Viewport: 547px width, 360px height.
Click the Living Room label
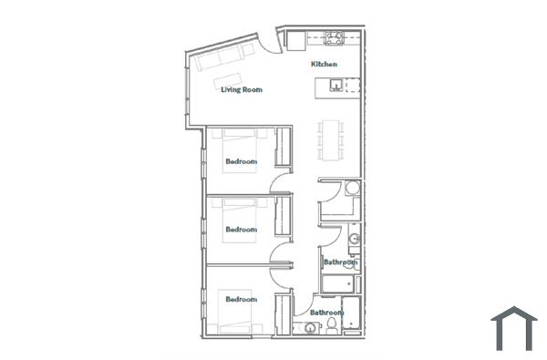242,89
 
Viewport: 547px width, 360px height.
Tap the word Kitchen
325,64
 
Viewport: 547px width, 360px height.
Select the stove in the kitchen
333,38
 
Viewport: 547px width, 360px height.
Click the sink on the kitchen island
336,86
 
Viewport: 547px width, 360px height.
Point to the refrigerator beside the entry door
296,40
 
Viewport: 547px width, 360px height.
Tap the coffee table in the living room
229,77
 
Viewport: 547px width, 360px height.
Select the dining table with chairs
329,138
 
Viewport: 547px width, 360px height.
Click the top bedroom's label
241,161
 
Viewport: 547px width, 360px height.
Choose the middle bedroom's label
241,229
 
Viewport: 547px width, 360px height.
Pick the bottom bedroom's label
241,299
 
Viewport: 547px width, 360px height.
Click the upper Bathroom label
341,262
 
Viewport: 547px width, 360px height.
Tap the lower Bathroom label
325,313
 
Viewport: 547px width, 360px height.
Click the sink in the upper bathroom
355,239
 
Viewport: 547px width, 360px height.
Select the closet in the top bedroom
283,148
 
